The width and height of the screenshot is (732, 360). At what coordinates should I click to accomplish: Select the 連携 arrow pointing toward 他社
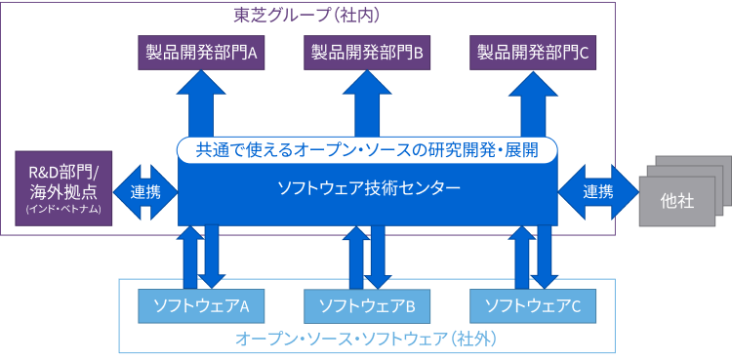pos(597,191)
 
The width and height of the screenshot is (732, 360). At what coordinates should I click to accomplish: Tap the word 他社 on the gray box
pos(676,202)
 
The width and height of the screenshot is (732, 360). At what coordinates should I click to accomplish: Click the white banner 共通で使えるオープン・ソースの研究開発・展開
pos(367,150)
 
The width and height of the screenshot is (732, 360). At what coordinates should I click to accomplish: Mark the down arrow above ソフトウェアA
pos(212,256)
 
